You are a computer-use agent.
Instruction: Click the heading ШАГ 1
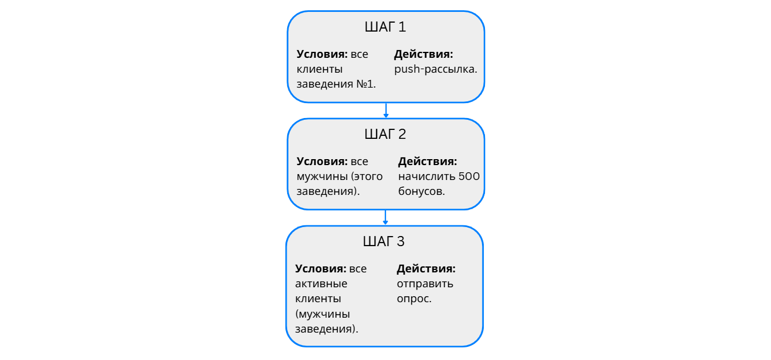click(x=385, y=27)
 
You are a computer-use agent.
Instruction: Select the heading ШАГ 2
click(x=385, y=135)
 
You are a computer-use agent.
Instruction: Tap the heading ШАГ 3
click(x=384, y=242)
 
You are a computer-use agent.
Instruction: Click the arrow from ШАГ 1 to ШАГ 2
click(x=386, y=110)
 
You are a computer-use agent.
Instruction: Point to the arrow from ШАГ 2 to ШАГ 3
click(x=386, y=217)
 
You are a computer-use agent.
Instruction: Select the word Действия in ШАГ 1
click(x=423, y=54)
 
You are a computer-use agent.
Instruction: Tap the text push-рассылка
click(x=436, y=69)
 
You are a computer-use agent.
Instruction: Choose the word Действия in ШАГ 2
click(x=427, y=162)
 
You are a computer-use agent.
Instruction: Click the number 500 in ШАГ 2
click(x=469, y=176)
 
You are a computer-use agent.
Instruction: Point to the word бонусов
click(x=421, y=191)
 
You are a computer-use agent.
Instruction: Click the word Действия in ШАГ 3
click(x=426, y=269)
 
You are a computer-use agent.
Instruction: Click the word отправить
click(x=425, y=284)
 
